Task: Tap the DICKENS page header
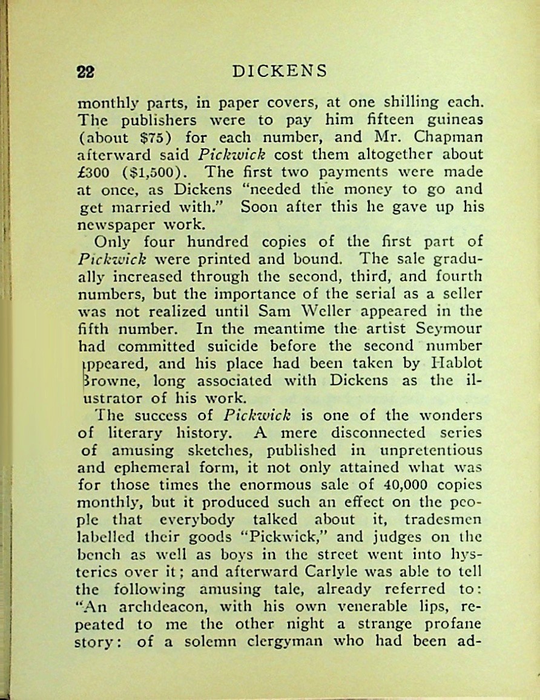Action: pos(280,71)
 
